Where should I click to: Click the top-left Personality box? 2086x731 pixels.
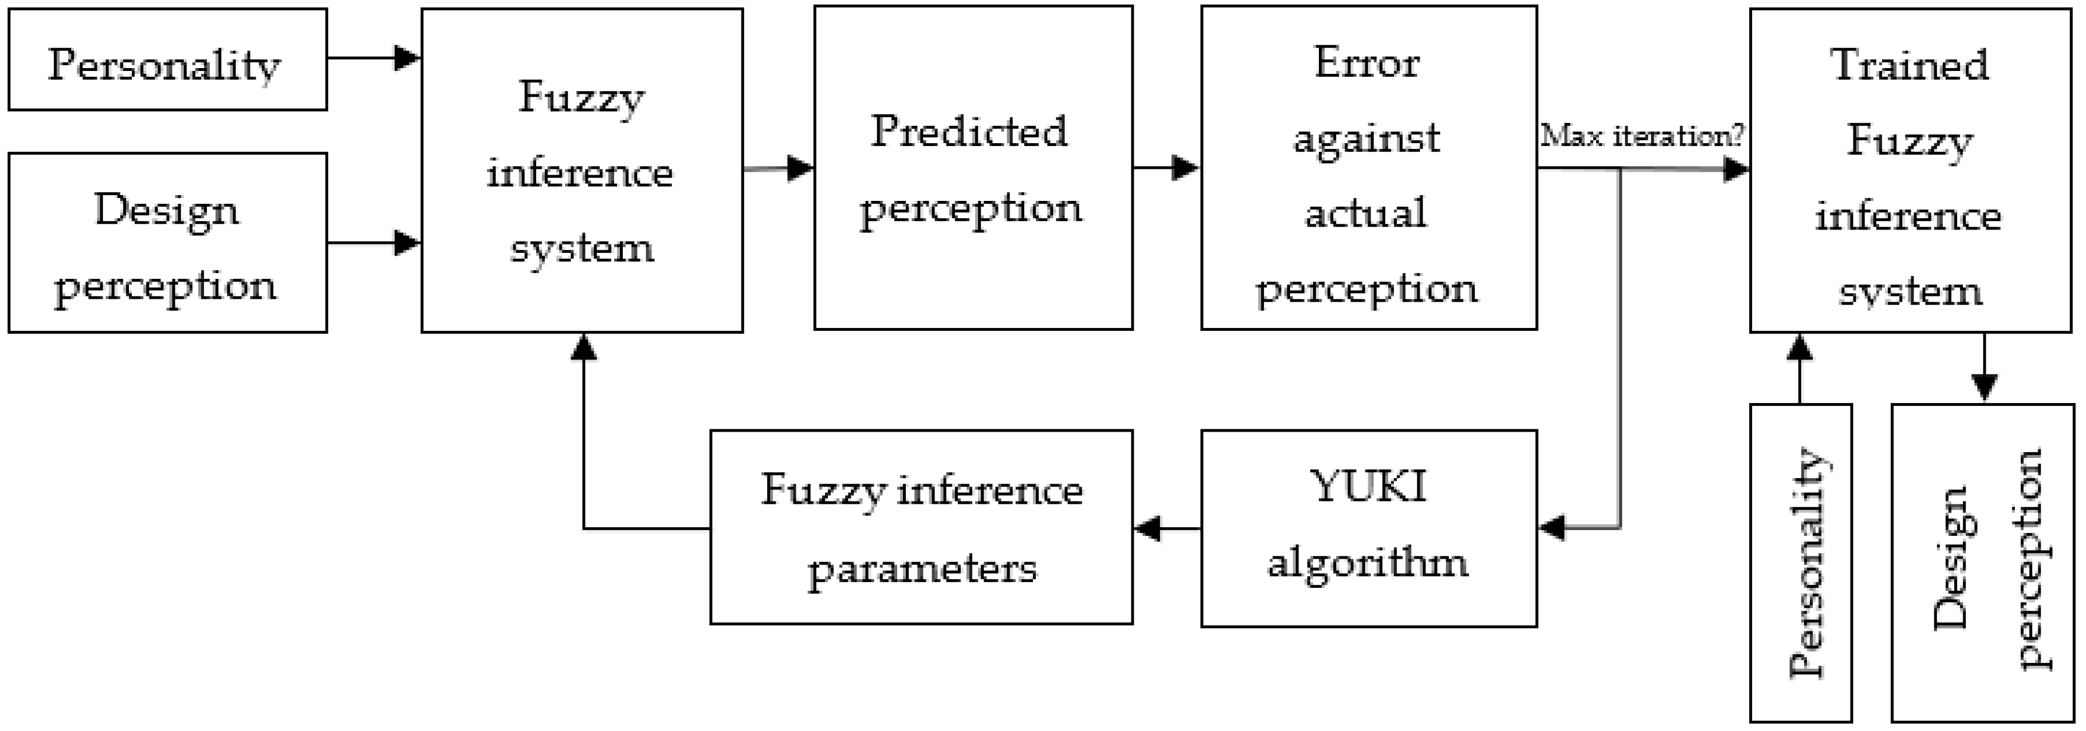click(168, 60)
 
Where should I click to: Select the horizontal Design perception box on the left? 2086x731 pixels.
click(168, 243)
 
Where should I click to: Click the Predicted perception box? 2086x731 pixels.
click(973, 168)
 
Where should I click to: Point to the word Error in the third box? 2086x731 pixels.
click(1367, 63)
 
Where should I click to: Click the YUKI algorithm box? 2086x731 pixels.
click(1369, 528)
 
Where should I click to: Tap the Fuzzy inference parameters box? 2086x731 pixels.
click(921, 527)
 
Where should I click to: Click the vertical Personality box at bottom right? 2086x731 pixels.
click(1801, 563)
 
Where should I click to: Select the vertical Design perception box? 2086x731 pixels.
click(1982, 563)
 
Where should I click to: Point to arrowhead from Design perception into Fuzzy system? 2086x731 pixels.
click(407, 242)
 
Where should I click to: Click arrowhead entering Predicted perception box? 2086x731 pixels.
click(800, 168)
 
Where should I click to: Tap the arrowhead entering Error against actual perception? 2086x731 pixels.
click(1185, 168)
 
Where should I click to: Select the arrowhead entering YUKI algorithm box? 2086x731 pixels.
click(1551, 528)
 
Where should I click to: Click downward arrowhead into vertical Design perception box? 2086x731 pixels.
click(1984, 387)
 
